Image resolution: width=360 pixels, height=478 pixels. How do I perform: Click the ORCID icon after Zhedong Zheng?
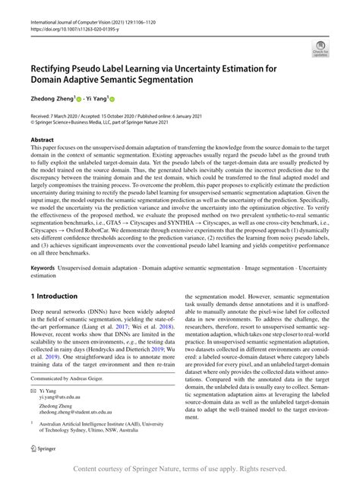pyautogui.click(x=91, y=99)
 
